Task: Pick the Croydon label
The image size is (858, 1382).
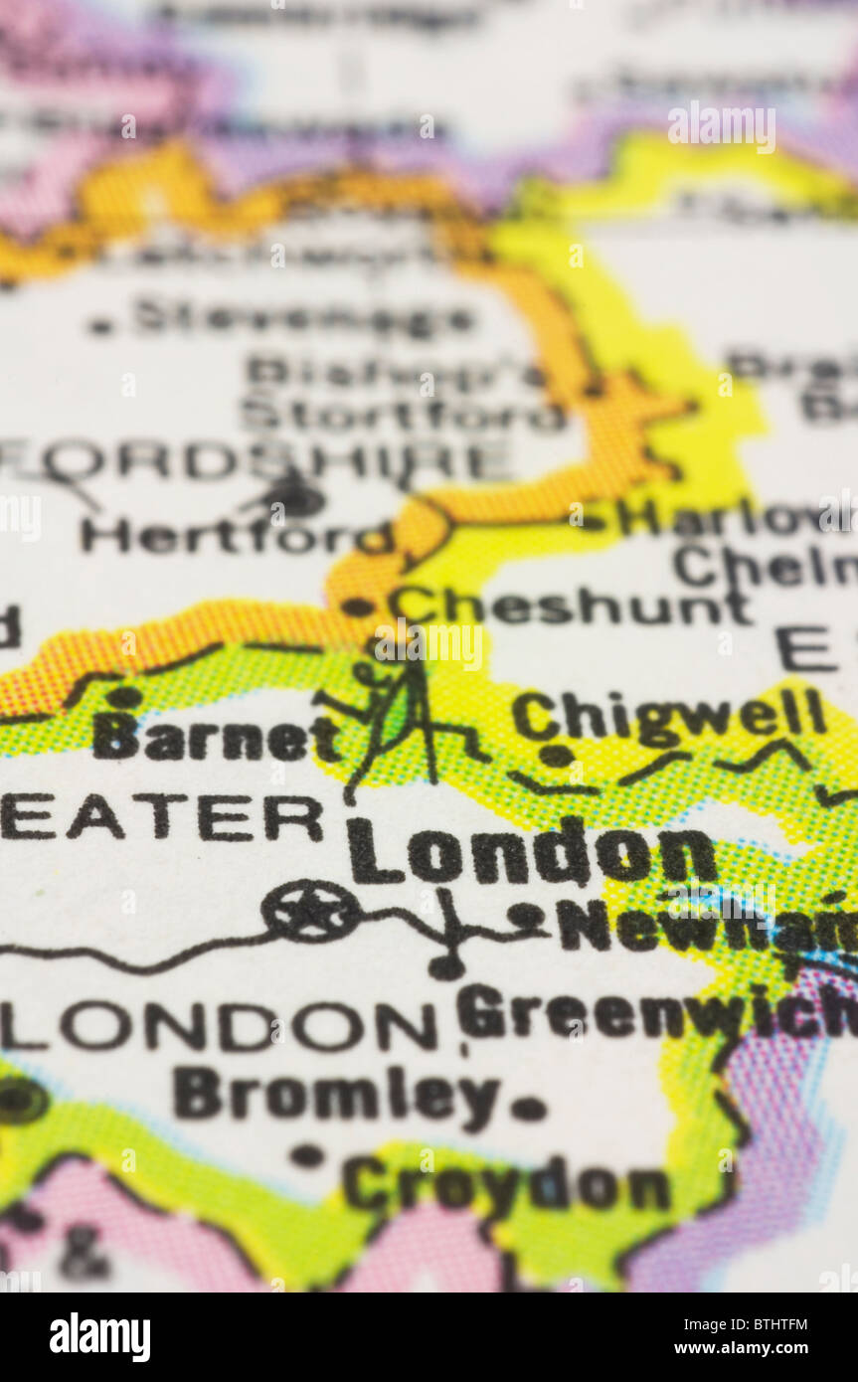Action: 506,1185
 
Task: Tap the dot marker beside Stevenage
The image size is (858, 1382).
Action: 99,325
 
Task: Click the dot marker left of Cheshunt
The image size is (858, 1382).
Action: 357,605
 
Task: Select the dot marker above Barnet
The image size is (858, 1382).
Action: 124,697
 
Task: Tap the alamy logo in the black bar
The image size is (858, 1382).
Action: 99,1337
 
